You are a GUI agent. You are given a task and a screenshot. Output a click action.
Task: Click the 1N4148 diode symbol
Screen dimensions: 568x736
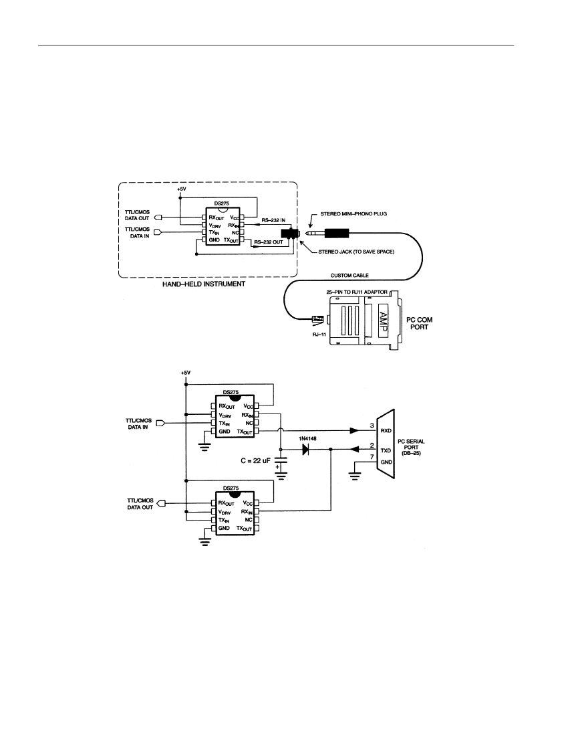tap(306, 450)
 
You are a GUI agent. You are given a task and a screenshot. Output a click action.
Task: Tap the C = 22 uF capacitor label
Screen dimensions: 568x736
tap(255, 461)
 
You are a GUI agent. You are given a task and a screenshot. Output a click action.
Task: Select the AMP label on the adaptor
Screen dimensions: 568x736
tap(383, 322)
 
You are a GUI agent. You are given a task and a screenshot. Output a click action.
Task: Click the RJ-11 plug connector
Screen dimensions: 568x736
tap(317, 319)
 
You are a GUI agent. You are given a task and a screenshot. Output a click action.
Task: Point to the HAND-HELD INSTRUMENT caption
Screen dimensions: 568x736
tap(204, 284)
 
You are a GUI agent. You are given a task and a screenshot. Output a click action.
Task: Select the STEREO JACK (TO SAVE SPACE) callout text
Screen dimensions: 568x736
tap(356, 252)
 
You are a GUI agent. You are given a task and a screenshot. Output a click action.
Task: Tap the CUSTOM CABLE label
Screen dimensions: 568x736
tap(349, 275)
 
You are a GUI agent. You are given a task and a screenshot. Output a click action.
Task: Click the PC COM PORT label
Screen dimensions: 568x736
tap(419, 323)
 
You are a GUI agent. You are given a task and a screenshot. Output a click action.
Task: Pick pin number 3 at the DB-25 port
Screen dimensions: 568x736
tap(372, 426)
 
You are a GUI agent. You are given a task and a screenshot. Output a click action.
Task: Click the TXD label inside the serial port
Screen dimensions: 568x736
tap(386, 450)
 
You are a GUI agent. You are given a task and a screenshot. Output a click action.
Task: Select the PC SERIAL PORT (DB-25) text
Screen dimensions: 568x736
tap(411, 448)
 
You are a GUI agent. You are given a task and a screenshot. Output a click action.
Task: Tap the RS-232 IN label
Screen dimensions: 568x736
tap(273, 220)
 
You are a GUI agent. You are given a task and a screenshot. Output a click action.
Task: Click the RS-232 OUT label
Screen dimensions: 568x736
tap(269, 242)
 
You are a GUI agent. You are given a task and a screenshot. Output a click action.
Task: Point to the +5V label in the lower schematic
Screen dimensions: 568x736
tap(186, 373)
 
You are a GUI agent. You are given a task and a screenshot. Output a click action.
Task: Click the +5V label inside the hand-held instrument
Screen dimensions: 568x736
tap(182, 189)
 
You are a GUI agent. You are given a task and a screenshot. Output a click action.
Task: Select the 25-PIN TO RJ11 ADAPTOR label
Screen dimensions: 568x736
tap(357, 292)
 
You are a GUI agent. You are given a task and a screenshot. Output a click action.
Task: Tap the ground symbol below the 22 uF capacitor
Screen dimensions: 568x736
tap(281, 476)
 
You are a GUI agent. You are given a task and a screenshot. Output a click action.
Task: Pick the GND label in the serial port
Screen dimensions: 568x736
tap(386, 462)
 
